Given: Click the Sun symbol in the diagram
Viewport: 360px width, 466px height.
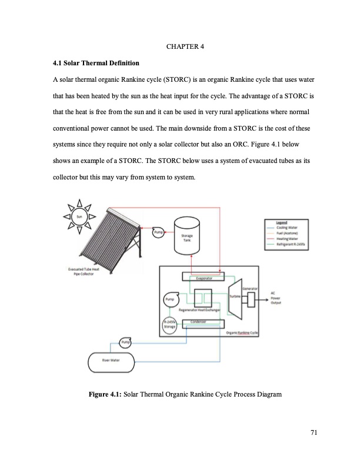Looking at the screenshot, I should tap(81, 217).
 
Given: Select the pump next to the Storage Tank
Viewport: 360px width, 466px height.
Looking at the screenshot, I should tap(158, 232).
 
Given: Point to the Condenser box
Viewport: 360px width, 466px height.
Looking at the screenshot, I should tap(201, 322).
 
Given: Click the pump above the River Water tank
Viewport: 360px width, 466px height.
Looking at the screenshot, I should tap(125, 342).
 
